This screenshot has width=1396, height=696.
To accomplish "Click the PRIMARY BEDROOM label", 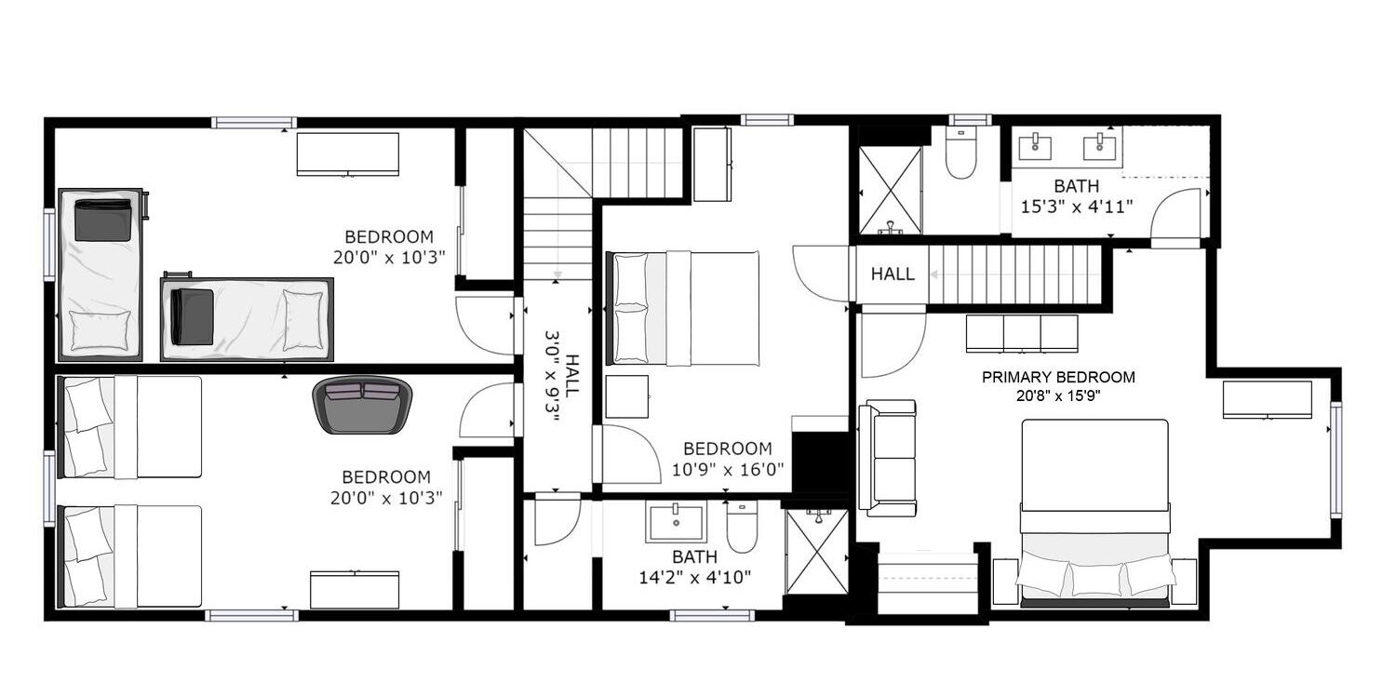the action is (1058, 377).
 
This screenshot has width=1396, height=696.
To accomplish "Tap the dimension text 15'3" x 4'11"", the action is (1076, 207).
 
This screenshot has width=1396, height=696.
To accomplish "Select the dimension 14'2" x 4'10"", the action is (695, 578).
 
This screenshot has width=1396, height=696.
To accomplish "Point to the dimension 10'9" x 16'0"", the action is (727, 469).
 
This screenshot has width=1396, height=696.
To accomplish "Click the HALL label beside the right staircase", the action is (893, 274).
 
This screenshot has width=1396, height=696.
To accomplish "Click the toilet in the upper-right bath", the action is (960, 154).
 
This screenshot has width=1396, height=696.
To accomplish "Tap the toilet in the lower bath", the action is (742, 528).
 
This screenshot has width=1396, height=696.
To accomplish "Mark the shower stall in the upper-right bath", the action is (890, 190).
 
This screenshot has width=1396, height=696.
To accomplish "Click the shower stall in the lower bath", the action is (816, 552).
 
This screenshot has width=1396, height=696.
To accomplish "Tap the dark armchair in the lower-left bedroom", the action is (362, 405).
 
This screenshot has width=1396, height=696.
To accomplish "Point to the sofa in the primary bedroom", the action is (888, 458).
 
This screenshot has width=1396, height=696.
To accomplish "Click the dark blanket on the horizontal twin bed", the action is (193, 316).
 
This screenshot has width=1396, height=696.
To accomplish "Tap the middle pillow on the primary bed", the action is (1096, 579).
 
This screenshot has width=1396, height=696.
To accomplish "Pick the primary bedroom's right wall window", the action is (1336, 460).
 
